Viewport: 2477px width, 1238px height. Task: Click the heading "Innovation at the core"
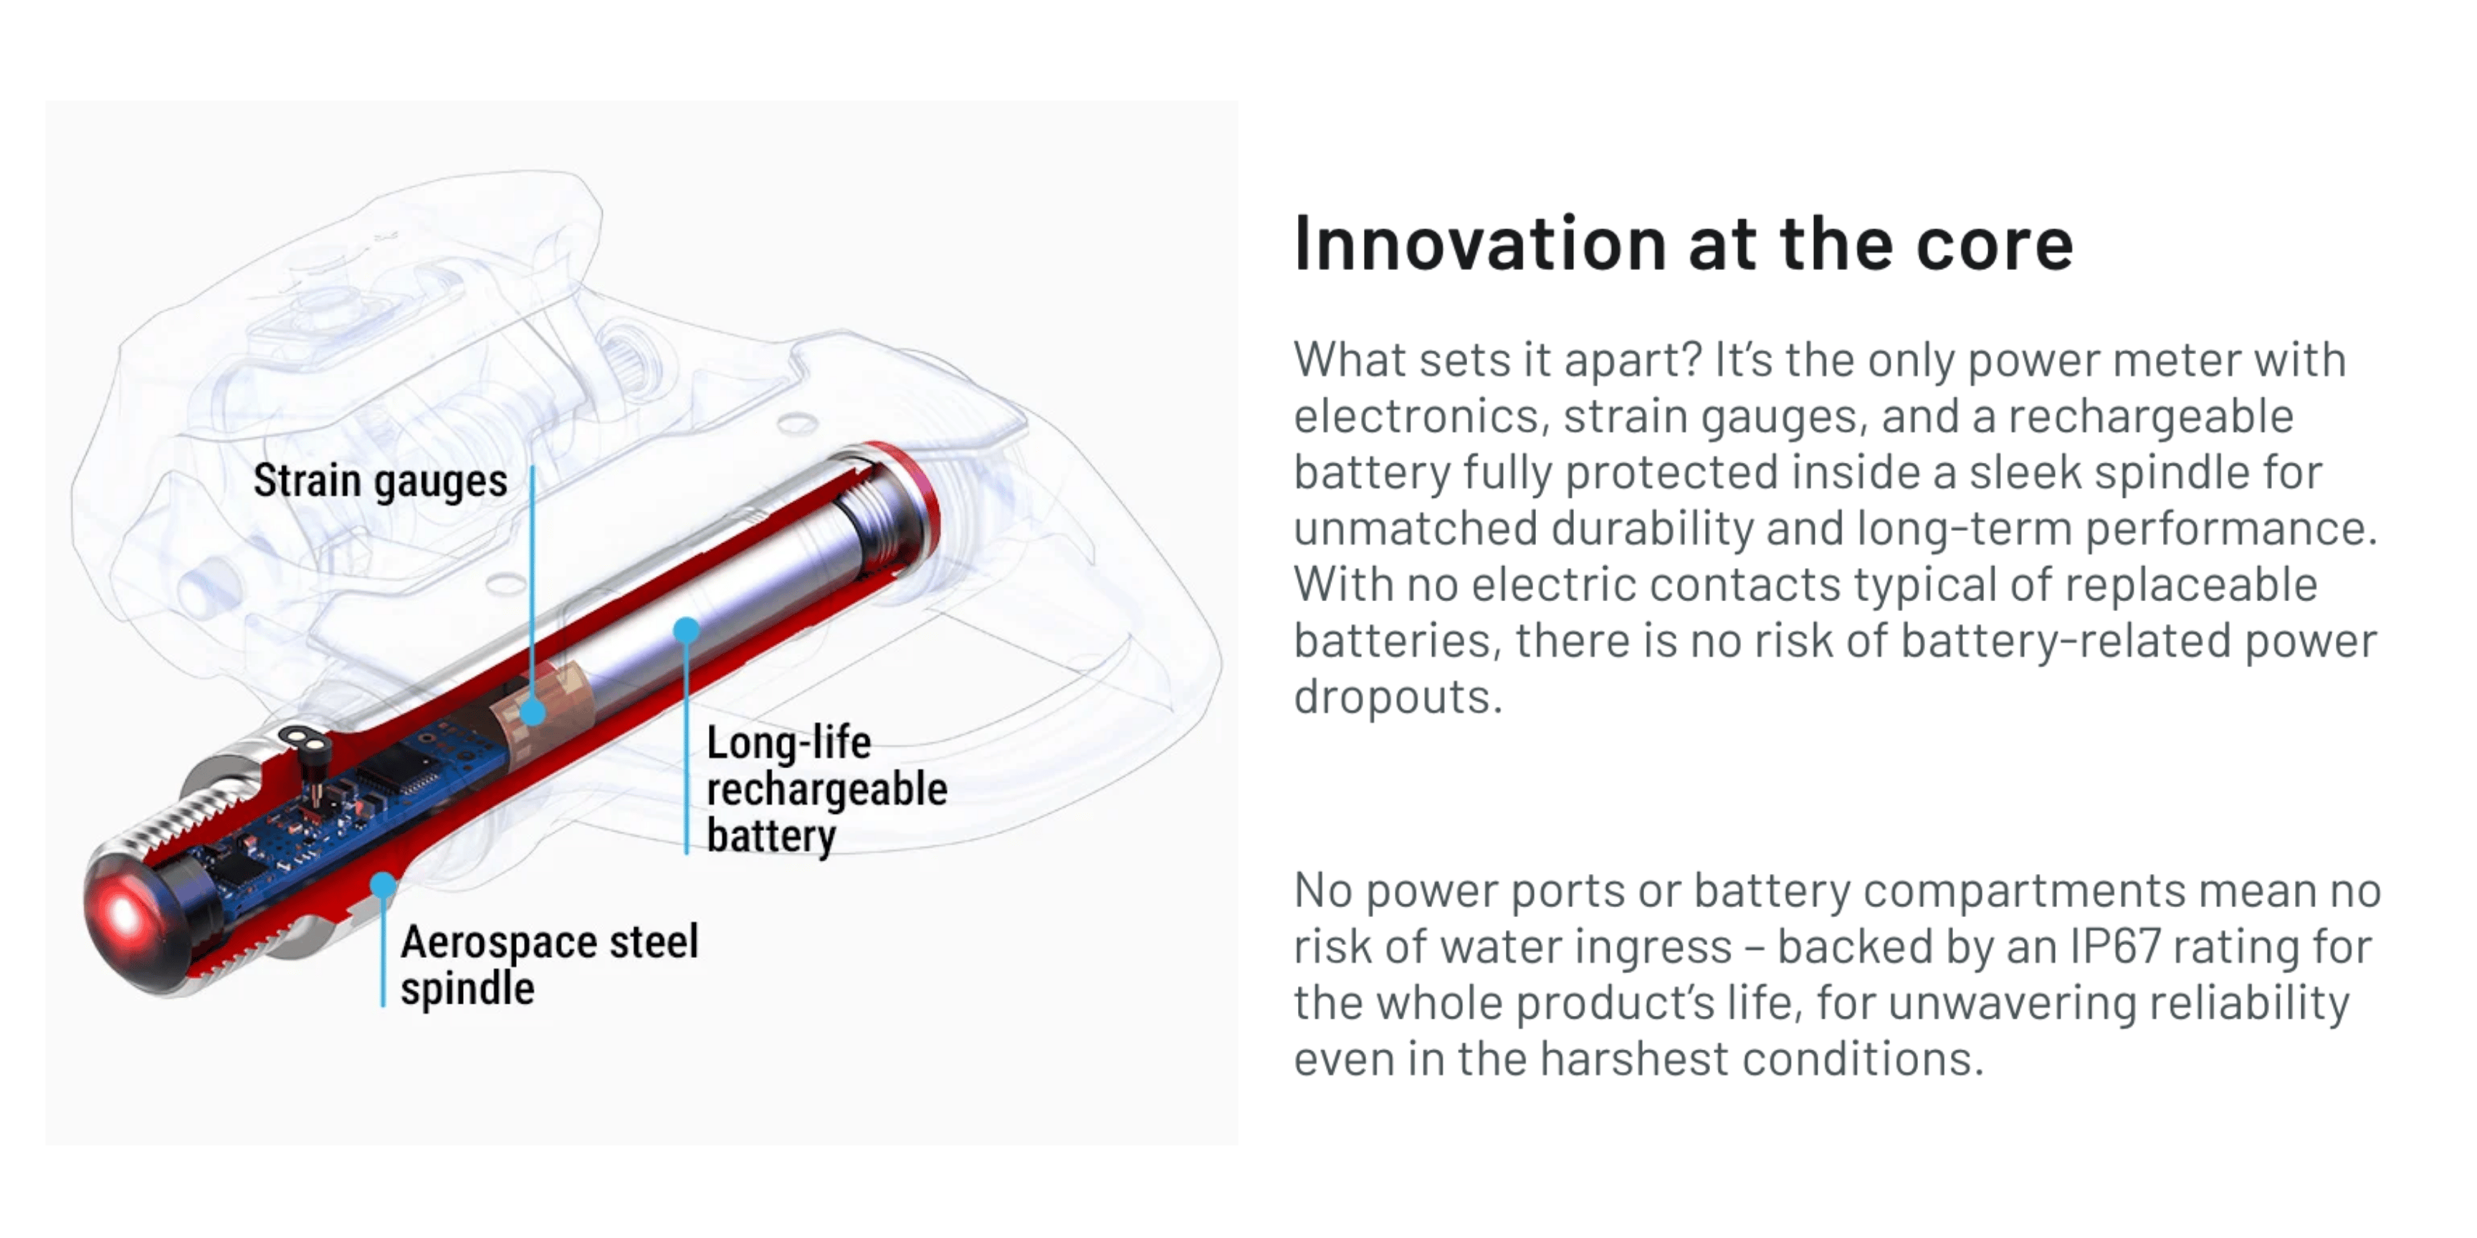[x=1683, y=244]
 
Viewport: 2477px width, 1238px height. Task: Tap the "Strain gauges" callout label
[x=380, y=481]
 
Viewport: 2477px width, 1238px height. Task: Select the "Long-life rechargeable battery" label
[x=826, y=789]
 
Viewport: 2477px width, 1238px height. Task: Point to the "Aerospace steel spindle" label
[x=549, y=964]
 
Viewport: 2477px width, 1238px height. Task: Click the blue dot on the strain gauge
[x=532, y=712]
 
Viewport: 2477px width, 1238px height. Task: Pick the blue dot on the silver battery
[x=686, y=630]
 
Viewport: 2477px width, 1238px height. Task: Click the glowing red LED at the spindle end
[x=123, y=914]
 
